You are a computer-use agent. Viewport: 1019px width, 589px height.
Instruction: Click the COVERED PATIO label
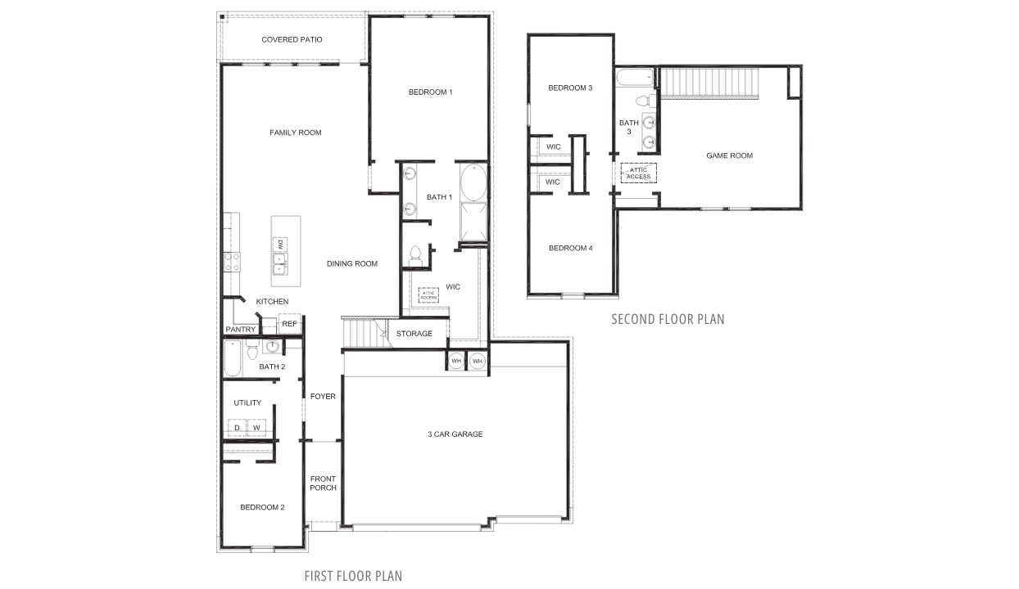point(292,39)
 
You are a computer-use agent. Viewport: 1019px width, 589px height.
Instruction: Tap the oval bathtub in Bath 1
point(473,182)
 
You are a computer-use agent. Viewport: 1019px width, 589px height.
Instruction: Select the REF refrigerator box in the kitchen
point(289,324)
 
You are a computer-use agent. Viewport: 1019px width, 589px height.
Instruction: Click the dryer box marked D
point(237,428)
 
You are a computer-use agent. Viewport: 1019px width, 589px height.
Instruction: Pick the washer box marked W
point(256,428)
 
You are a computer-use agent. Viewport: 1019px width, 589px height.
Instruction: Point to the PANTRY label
point(240,330)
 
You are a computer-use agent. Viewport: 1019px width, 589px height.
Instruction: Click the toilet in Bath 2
point(252,349)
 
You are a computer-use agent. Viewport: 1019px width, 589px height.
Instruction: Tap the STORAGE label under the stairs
point(414,334)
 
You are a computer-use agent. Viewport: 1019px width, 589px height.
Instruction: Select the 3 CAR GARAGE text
point(455,434)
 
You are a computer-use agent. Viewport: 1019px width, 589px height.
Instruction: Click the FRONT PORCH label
point(323,483)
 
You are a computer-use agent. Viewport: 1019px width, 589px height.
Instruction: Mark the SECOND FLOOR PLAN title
point(668,319)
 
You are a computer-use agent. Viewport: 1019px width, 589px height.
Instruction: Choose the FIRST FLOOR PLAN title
point(353,576)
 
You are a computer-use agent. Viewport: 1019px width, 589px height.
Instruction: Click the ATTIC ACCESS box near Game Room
point(638,173)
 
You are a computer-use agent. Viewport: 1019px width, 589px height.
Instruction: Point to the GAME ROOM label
point(729,155)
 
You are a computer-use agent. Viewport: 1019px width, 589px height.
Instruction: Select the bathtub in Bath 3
point(636,79)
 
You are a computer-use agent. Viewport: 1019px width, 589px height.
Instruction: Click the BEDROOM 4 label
point(569,248)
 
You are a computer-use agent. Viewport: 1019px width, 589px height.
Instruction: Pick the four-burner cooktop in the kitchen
point(232,262)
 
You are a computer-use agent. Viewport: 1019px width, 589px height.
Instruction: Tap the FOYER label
point(323,397)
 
